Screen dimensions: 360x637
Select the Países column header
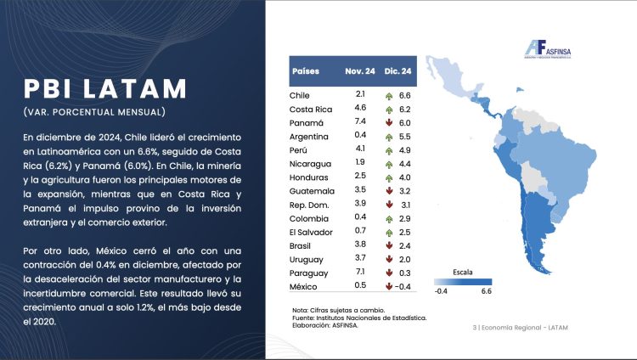coord(307,71)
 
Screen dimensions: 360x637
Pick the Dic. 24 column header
coord(397,71)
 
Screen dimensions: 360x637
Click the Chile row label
coord(302,95)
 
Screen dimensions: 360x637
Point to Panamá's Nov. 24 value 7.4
coord(361,122)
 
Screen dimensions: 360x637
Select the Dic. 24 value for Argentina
coord(404,136)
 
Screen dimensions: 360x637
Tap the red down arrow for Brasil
coord(389,245)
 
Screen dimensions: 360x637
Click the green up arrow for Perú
coord(389,149)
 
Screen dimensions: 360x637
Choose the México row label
coord(305,286)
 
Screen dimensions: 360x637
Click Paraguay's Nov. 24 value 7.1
coord(361,273)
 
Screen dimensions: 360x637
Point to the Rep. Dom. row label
coord(310,204)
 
